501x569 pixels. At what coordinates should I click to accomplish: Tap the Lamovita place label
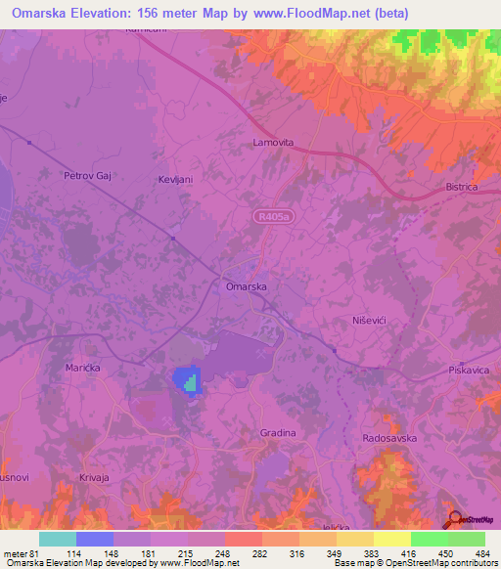pos(273,143)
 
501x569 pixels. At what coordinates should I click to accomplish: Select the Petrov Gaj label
pos(83,177)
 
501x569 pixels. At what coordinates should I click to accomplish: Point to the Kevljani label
pos(177,180)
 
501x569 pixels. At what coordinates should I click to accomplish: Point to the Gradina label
pos(278,432)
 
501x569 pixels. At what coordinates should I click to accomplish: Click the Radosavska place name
pos(389,438)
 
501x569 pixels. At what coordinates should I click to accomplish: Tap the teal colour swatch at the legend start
pos(58,539)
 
